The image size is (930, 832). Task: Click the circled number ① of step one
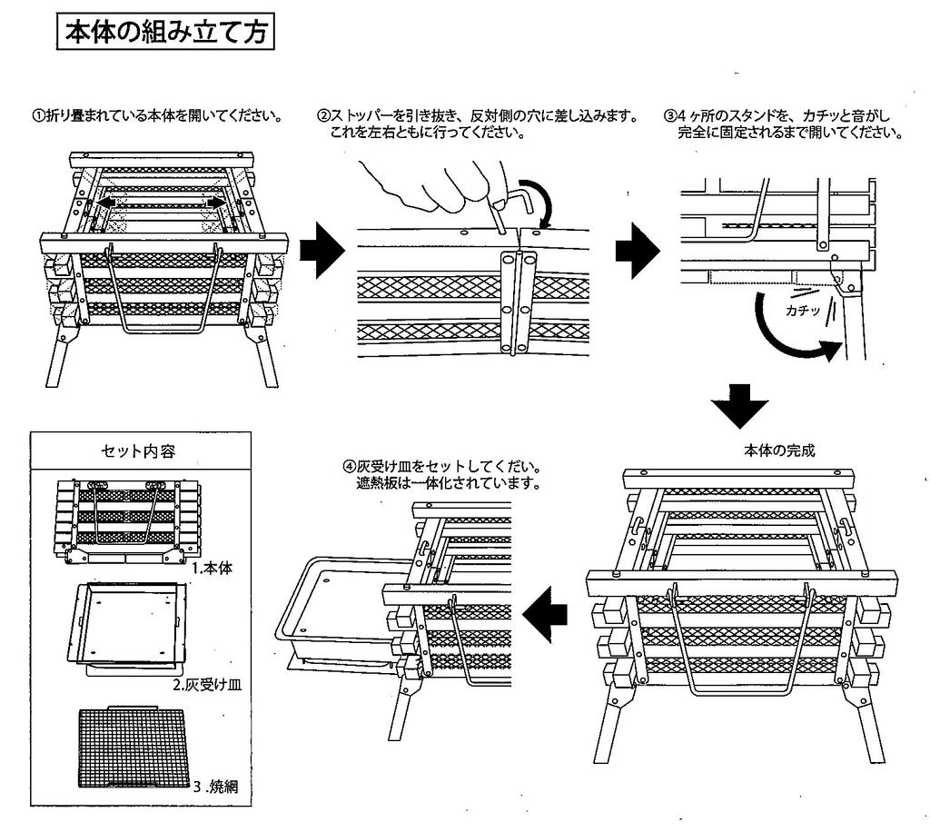38,116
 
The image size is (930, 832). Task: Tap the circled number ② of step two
323,116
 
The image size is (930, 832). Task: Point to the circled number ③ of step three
670,116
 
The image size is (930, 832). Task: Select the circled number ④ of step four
349,467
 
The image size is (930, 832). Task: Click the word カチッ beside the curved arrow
803,311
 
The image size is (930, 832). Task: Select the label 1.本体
213,569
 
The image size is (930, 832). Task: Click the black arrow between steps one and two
322,253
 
